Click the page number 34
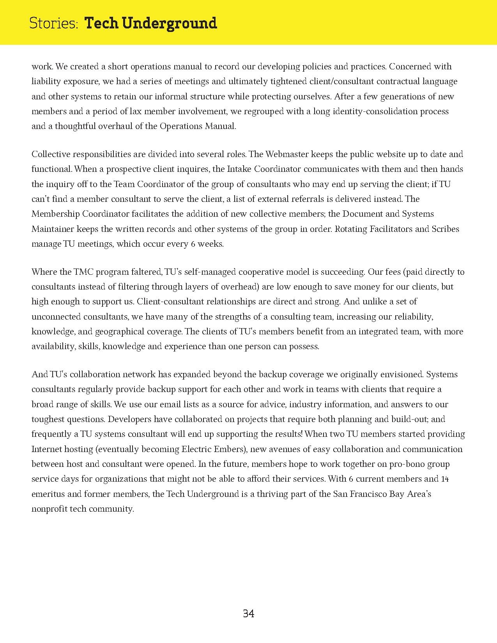[x=248, y=614]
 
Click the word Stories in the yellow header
[x=54, y=23]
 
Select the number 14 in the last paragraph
[x=445, y=479]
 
